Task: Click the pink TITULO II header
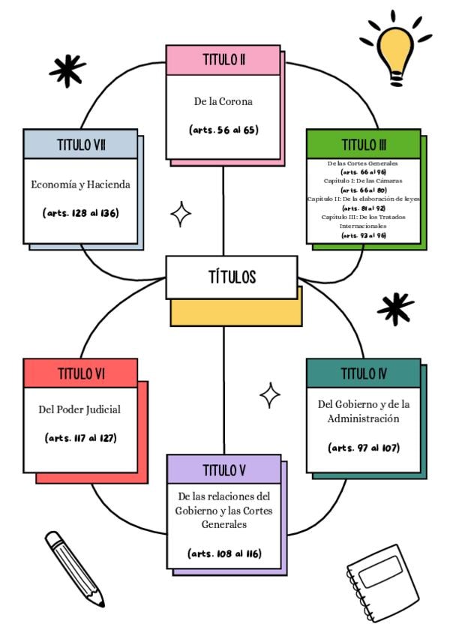(223, 60)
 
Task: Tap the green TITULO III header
(363, 144)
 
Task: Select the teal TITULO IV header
(363, 373)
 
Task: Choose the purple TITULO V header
(223, 469)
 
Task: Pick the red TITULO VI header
(80, 373)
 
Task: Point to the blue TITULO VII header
(80, 144)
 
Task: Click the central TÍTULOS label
(232, 277)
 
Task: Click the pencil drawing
(73, 567)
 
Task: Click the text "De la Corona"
(223, 101)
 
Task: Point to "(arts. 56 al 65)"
(223, 130)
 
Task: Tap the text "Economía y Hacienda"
(80, 184)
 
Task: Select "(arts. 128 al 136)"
(80, 213)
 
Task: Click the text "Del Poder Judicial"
(79, 409)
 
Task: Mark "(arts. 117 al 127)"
(80, 437)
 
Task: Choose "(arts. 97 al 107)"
(363, 448)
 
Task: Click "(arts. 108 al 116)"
(223, 553)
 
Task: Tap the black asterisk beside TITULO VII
(67, 70)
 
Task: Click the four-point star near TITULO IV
(270, 394)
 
